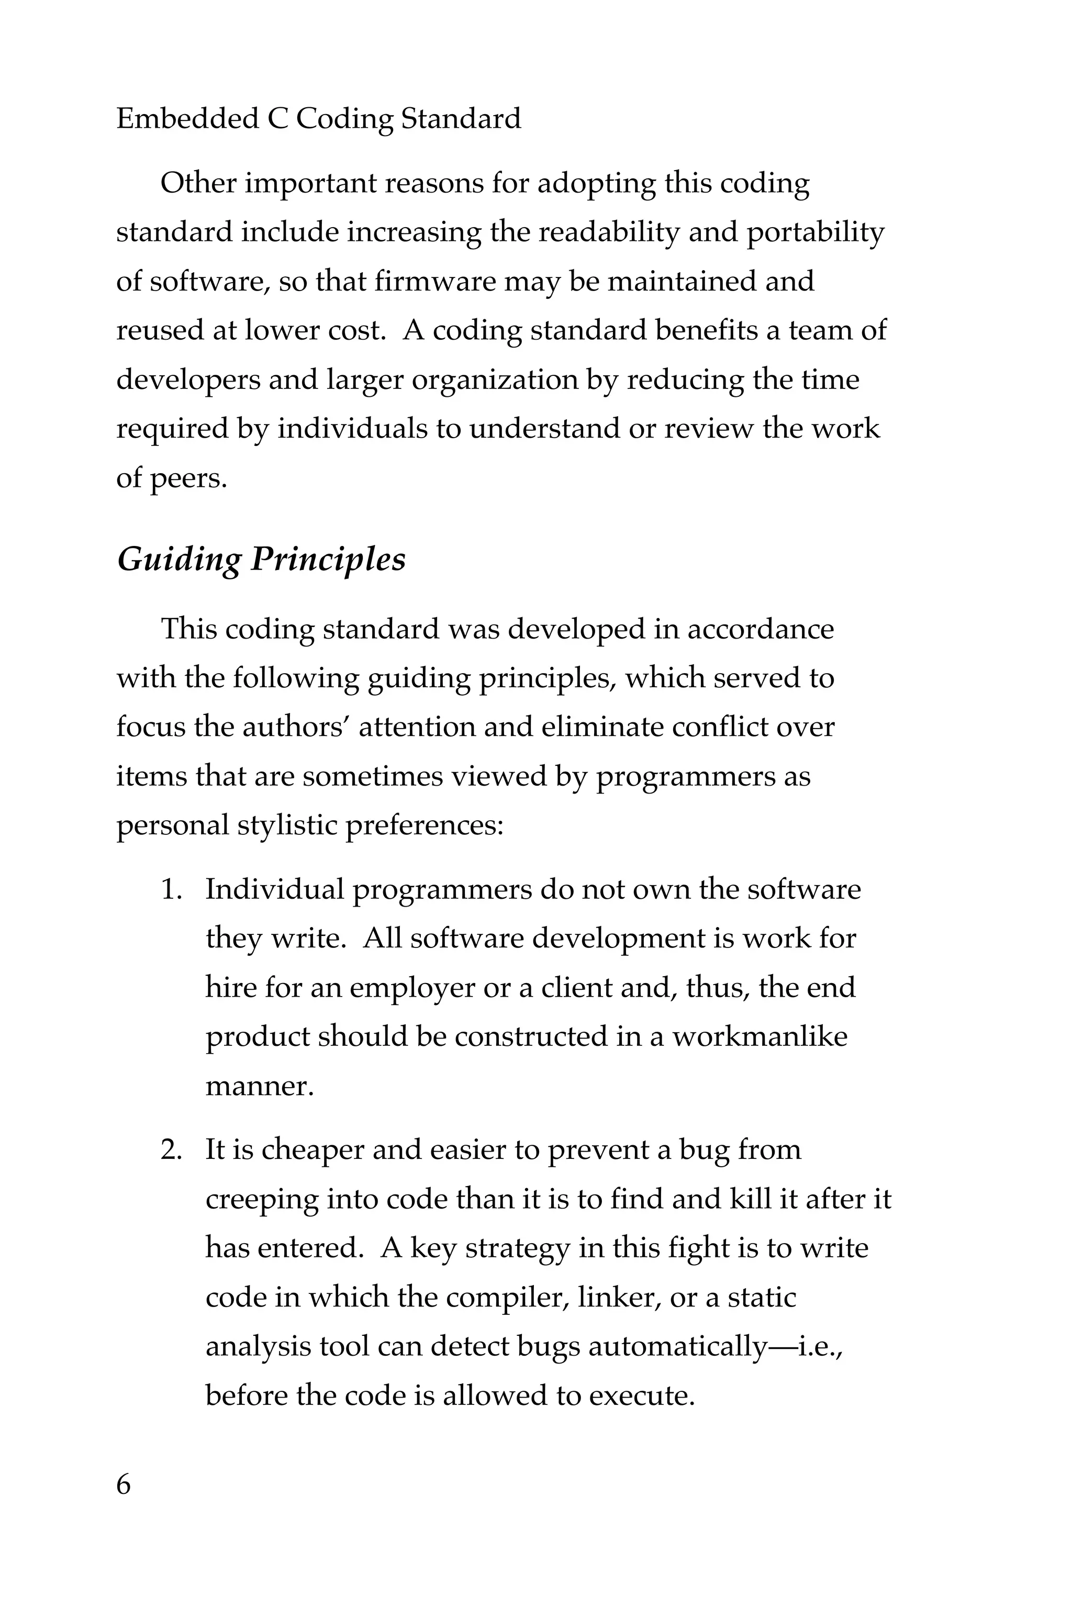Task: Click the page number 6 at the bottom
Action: [x=124, y=1485]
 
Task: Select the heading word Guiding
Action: [x=178, y=561]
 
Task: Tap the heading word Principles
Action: [x=328, y=561]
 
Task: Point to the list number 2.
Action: [x=171, y=1150]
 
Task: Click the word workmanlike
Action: [x=760, y=1037]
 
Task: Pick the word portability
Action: [x=814, y=233]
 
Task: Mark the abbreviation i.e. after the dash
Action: [x=818, y=1347]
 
